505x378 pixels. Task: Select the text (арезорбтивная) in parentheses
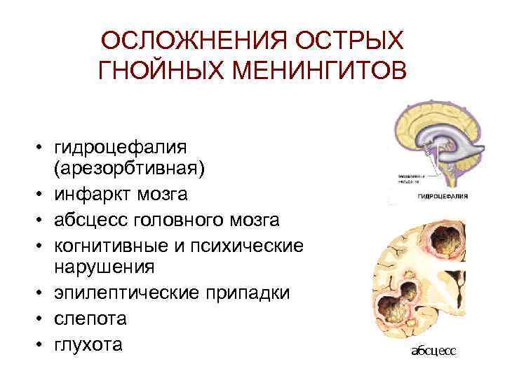[128, 168]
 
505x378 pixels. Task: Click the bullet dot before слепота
[41, 319]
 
